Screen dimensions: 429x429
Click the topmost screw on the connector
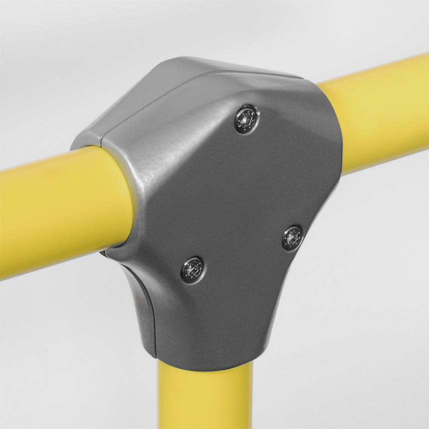pyautogui.click(x=246, y=119)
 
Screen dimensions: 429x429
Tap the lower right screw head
pyautogui.click(x=292, y=237)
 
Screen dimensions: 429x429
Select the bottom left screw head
pyautogui.click(x=192, y=269)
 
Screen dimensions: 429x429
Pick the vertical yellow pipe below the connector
pyautogui.click(x=205, y=399)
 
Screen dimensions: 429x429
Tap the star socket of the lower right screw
pyautogui.click(x=292, y=237)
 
